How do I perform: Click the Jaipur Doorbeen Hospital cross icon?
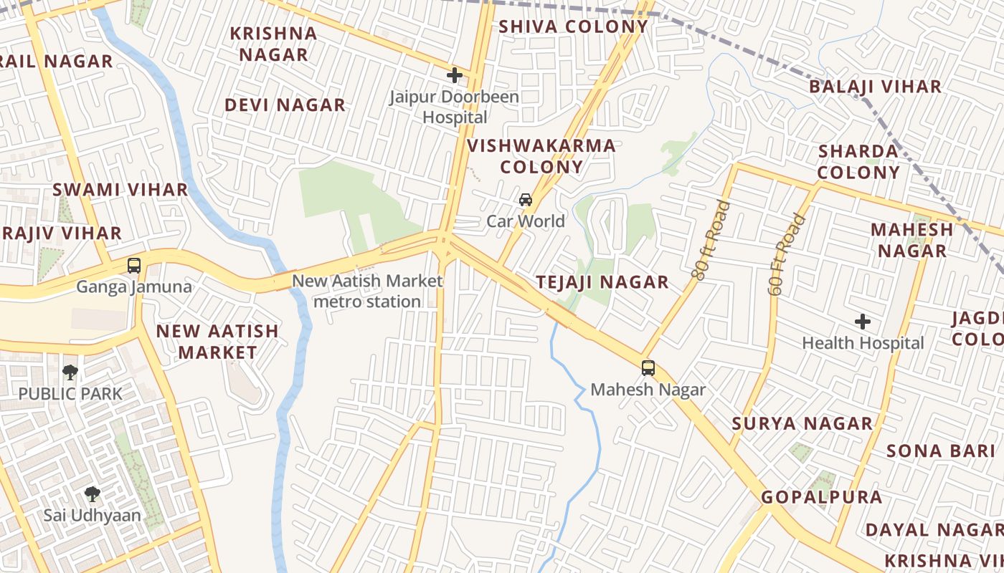(454, 75)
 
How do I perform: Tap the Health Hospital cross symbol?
(863, 322)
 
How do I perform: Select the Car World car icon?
(526, 200)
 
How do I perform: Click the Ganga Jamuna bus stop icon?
(134, 266)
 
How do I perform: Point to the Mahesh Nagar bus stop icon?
(648, 368)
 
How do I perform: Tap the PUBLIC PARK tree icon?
(70, 372)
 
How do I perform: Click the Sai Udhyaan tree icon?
(92, 493)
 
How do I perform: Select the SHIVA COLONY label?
(573, 27)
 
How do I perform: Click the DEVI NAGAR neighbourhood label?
(285, 105)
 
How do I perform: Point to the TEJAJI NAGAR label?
(602, 282)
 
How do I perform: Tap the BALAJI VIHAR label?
(875, 87)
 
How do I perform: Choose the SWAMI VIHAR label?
(120, 190)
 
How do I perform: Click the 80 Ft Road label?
(711, 239)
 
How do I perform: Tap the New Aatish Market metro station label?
(367, 292)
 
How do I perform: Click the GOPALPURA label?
(821, 497)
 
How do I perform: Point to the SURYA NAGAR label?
(802, 423)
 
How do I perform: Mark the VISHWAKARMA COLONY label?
(541, 157)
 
